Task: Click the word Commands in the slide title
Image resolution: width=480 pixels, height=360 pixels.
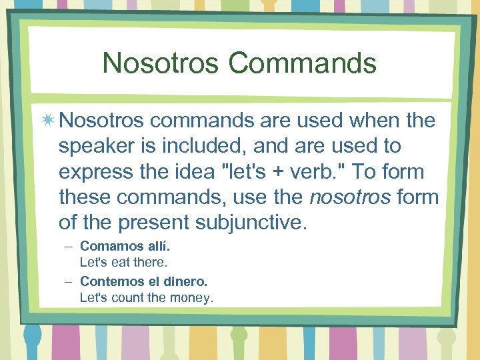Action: click(303, 63)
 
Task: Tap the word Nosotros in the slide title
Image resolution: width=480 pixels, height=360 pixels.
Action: click(161, 63)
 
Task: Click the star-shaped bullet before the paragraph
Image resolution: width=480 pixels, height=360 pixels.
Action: click(49, 121)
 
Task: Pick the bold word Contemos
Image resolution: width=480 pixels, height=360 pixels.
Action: click(109, 282)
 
